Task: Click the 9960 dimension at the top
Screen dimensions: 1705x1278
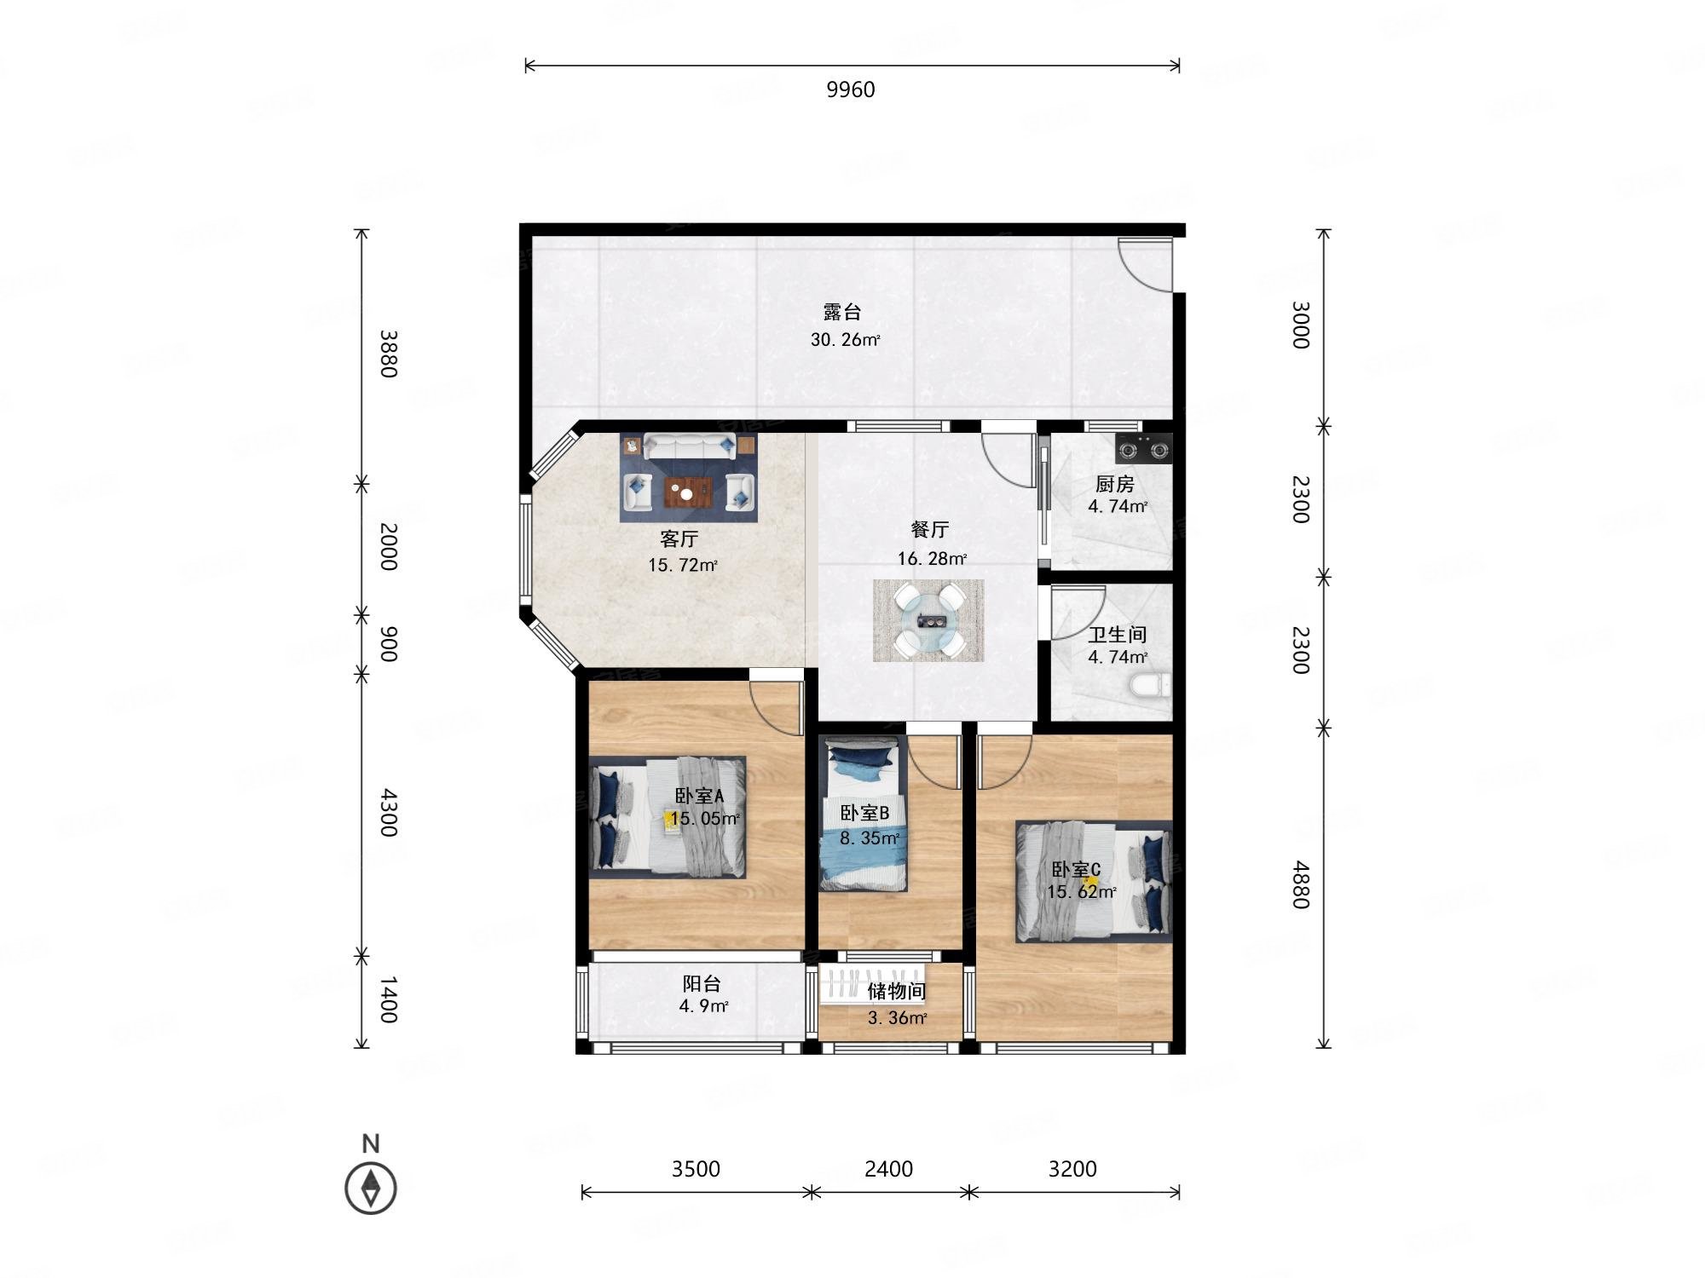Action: pyautogui.click(x=850, y=89)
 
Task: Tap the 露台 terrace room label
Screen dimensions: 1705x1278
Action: pyautogui.click(x=841, y=312)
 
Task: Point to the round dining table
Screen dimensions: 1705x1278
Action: pyautogui.click(x=928, y=620)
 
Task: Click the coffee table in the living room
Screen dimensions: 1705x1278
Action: pyautogui.click(x=689, y=492)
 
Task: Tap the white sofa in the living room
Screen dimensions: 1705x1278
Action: pyautogui.click(x=689, y=446)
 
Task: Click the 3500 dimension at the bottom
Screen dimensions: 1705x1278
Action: pyautogui.click(x=696, y=1169)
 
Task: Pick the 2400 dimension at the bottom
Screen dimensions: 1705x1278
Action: pyautogui.click(x=888, y=1169)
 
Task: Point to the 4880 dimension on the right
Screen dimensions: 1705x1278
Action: pyautogui.click(x=1299, y=884)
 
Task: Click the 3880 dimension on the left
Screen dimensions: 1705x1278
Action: pyautogui.click(x=388, y=354)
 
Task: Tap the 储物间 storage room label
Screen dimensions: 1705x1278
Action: pyautogui.click(x=897, y=991)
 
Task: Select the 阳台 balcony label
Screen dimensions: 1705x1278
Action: pyautogui.click(x=702, y=983)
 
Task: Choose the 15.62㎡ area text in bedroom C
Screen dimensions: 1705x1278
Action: pyautogui.click(x=1082, y=892)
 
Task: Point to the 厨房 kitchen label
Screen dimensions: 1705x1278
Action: pyautogui.click(x=1115, y=484)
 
